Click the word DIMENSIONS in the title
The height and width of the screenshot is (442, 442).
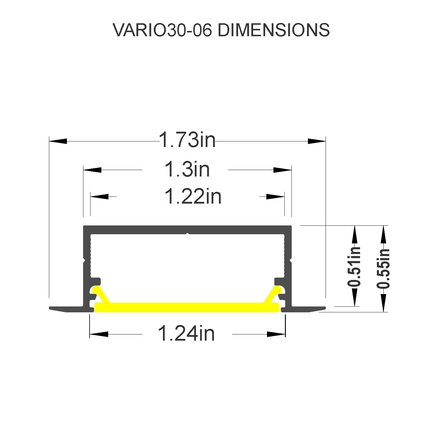coord(273,30)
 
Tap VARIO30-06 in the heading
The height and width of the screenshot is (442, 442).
coord(162,30)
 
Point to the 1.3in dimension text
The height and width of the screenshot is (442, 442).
coord(187,169)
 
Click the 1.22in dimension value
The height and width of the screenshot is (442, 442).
coord(193,196)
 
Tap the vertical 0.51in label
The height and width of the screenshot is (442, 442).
coord(354,267)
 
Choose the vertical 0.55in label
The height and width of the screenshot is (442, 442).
coord(383,268)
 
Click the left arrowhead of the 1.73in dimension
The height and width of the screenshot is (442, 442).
coord(58,141)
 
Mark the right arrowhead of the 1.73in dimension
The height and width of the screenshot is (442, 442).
coord(317,141)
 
